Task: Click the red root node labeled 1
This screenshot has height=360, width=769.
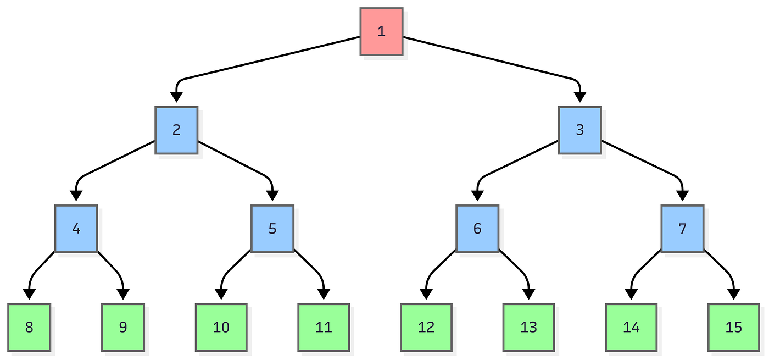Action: [x=381, y=31]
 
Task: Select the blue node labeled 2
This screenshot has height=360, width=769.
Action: [x=176, y=130]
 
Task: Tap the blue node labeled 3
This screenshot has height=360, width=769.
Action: [x=580, y=130]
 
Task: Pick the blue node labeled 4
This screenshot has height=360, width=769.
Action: [x=76, y=229]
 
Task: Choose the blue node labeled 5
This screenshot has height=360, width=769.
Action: [x=272, y=229]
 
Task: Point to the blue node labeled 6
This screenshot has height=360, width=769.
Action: [x=477, y=229]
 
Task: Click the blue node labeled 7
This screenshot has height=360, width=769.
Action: [x=682, y=229]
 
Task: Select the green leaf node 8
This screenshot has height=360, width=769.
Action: [x=29, y=328]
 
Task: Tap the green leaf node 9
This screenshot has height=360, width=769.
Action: [x=123, y=328]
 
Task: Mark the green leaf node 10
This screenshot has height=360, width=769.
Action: [x=221, y=328]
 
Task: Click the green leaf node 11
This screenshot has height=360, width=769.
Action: [x=324, y=328]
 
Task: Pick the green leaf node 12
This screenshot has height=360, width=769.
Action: [x=426, y=328]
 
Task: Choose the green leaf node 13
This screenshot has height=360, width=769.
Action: [x=528, y=328]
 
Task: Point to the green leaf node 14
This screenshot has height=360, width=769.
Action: [x=631, y=328]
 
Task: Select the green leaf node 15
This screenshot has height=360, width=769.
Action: [x=734, y=328]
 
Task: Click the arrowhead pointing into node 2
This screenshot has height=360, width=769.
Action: [x=176, y=97]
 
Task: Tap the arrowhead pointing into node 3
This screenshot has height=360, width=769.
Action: [x=580, y=97]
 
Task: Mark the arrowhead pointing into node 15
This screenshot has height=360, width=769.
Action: [x=734, y=295]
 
